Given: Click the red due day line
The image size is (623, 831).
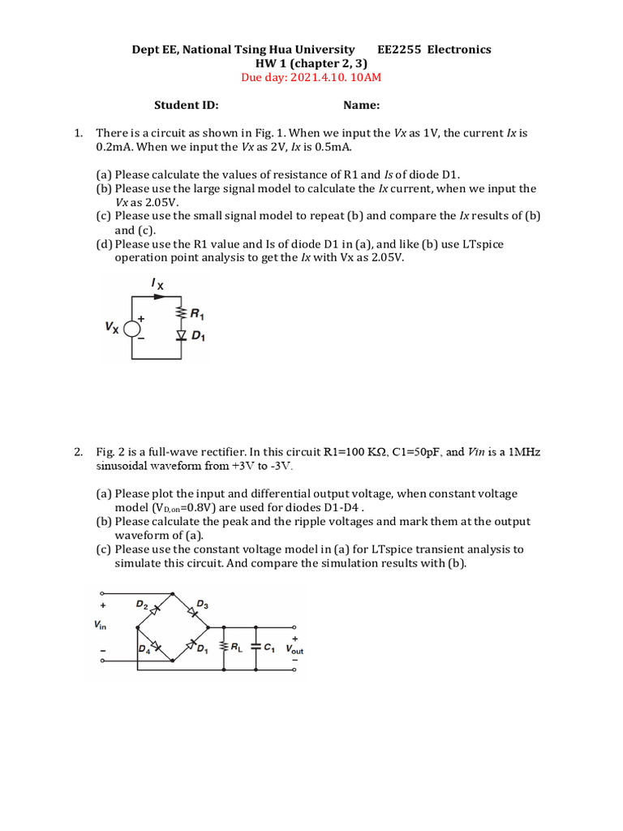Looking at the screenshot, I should [x=311, y=78].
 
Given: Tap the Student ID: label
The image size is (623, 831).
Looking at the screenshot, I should [x=187, y=105].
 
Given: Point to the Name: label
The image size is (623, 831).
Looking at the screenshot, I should [x=362, y=105].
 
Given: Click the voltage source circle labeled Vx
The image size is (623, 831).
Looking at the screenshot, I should [x=132, y=327].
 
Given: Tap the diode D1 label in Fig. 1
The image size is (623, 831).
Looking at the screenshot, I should [x=196, y=336].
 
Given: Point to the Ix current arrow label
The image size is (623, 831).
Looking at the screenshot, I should [x=157, y=284].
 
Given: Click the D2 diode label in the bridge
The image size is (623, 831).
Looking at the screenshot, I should [x=143, y=605].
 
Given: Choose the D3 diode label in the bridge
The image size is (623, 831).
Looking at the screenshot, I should [x=202, y=605].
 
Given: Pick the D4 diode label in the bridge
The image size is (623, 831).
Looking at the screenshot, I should [x=144, y=650].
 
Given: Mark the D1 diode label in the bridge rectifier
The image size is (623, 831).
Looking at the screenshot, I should [x=202, y=650].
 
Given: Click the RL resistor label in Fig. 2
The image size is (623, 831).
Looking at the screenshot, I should [x=237, y=648].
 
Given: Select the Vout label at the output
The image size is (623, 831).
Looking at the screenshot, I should [x=294, y=650].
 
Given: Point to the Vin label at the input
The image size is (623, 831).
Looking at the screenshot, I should [x=101, y=626].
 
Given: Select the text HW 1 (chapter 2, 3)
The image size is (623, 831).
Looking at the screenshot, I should [x=311, y=63].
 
